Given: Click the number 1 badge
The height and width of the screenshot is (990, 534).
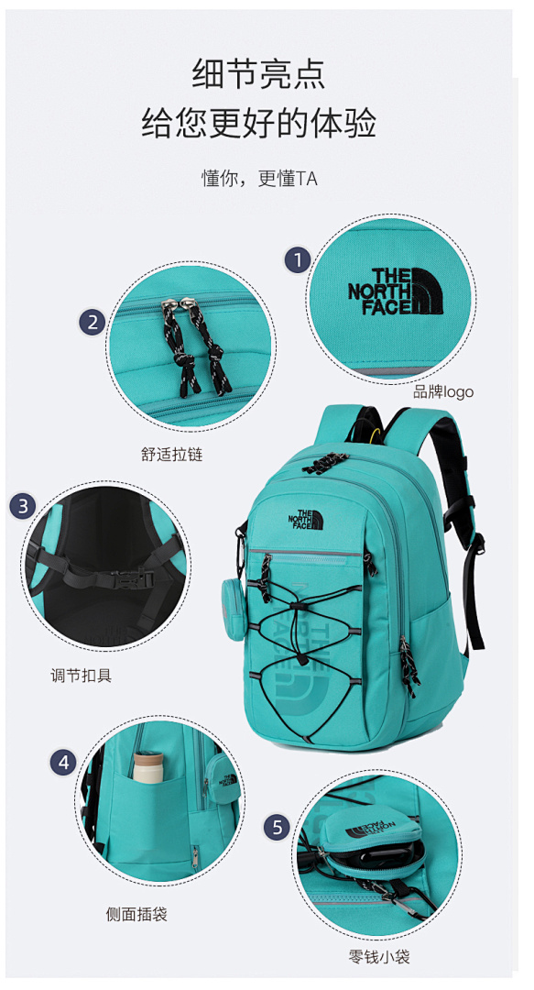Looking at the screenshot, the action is point(298,259).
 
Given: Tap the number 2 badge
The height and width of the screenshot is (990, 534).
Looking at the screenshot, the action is point(93,323).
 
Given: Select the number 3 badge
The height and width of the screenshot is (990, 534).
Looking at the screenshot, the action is point(23,506).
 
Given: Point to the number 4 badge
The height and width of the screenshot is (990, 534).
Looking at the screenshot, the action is point(63,763).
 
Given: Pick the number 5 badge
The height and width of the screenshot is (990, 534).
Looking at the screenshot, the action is point(278,827).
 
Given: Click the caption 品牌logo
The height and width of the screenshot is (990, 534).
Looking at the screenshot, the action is point(442,392).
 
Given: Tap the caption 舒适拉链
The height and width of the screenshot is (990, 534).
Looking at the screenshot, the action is point(171,454).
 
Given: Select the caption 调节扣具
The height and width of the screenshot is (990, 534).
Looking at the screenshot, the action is point(81,675).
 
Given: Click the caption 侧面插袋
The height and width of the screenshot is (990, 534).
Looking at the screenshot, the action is point(136,914).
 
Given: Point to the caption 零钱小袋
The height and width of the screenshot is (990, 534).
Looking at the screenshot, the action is point(379,957).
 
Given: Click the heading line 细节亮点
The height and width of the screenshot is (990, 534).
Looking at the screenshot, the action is point(259,74).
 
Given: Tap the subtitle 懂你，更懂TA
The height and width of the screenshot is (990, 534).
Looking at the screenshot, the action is point(259,179).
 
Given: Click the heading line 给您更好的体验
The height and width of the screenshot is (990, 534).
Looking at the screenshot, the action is point(259,122).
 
